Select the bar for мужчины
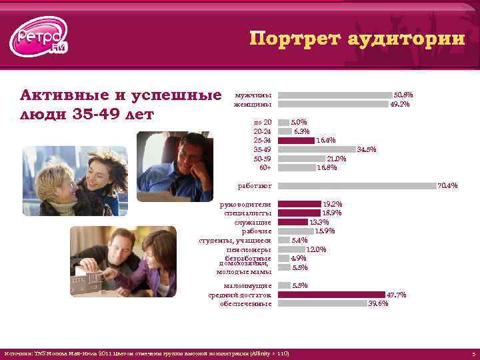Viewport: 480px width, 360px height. (x=335, y=95)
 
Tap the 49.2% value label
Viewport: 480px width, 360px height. (x=400, y=104)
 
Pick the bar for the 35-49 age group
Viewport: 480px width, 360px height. (x=317, y=149)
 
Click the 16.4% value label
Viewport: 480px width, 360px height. (x=325, y=141)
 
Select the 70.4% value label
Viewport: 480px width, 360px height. (x=447, y=186)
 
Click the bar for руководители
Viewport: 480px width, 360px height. (x=299, y=204)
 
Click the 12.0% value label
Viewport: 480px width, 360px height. (x=316, y=249)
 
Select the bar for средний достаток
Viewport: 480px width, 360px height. (x=331, y=294)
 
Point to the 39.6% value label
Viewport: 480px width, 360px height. (x=378, y=303)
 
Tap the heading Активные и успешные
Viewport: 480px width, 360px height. (x=121, y=93)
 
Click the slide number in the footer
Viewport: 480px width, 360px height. (x=472, y=353)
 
